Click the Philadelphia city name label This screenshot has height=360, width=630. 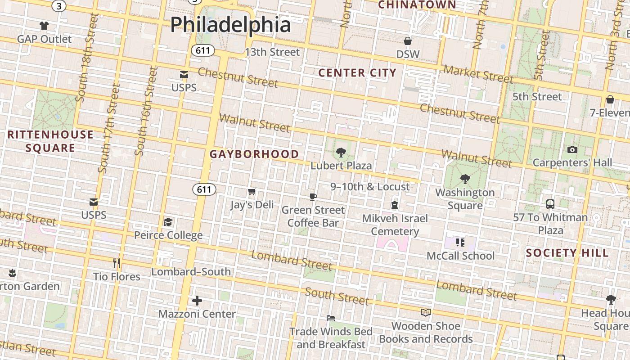230,24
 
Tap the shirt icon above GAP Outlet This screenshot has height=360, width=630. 44,26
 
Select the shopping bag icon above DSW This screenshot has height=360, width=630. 408,41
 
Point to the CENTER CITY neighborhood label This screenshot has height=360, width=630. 357,73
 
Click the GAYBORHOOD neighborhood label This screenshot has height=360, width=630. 254,154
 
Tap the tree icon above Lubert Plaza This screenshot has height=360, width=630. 341,153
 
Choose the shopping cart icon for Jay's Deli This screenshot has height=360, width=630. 252,192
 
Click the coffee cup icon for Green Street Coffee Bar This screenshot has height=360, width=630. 313,197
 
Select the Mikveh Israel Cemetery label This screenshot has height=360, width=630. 395,225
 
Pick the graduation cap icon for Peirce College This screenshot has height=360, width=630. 168,222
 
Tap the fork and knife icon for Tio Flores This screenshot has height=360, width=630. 117,263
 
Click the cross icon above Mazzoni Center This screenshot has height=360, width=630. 197,301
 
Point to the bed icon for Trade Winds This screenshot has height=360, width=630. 331,318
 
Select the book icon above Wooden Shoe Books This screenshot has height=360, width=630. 425,312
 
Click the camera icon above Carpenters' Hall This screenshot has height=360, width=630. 572,149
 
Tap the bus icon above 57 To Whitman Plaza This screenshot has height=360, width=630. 550,204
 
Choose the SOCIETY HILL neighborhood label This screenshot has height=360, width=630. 567,253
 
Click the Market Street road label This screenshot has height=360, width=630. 478,74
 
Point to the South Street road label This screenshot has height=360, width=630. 337,296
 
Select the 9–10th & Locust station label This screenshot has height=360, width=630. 370,187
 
